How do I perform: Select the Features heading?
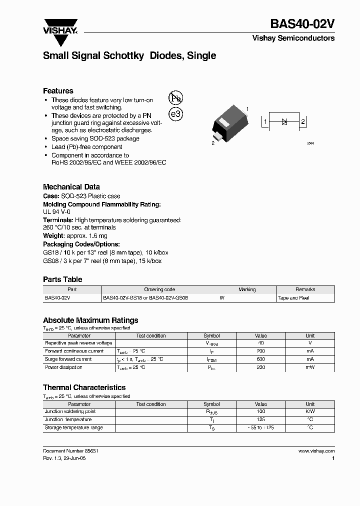tap(58, 91)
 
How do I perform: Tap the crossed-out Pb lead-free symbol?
tap(175, 97)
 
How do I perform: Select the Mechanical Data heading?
tap(71, 186)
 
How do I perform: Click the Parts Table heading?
tap(62, 279)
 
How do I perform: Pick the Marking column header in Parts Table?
tap(247, 289)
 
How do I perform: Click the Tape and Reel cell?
tap(293, 298)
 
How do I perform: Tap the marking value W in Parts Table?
tap(222, 298)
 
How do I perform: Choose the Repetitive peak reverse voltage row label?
tap(78, 343)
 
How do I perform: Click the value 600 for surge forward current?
tap(261, 359)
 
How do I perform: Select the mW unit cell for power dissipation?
tap(310, 367)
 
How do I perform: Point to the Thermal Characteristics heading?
tap(84, 387)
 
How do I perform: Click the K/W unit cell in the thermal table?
tap(310, 411)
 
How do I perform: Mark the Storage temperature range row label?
tap(73, 428)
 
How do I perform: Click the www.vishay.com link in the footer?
tap(316, 450)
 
